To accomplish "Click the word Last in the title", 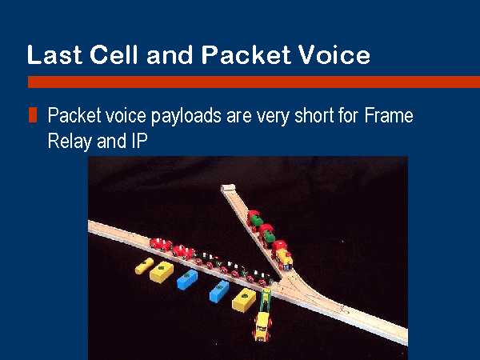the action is tap(54, 54).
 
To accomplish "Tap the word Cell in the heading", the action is tap(114, 54).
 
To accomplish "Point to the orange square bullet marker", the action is tap(33, 115).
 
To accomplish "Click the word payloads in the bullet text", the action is tap(186, 117).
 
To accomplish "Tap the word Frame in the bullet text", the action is tap(389, 115).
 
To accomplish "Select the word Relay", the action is tap(70, 142).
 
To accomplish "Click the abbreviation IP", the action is tap(139, 141).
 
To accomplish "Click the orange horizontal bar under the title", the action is tap(254, 82).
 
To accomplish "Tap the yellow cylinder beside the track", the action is tap(144, 266).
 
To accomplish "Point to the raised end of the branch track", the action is tap(228, 188).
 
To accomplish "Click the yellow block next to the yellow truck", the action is tap(244, 300).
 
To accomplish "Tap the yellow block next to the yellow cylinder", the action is tap(162, 271).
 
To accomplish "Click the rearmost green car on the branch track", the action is tap(255, 219).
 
